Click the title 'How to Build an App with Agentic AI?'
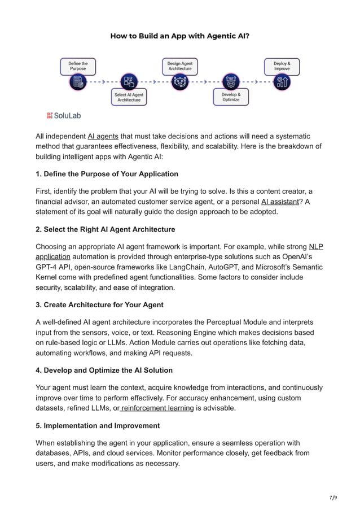179,36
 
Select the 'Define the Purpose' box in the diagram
78,67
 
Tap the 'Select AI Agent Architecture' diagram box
129,97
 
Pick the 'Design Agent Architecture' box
179,67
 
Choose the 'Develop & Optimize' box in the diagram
231,97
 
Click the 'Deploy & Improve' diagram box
282,67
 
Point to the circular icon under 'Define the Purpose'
78,83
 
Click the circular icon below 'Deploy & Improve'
282,83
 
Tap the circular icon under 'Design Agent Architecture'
179,82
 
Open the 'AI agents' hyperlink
103,136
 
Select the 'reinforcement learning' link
157,408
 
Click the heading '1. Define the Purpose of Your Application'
107,173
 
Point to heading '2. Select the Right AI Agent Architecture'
105,229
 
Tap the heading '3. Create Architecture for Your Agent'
99,304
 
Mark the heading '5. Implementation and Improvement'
98,425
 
